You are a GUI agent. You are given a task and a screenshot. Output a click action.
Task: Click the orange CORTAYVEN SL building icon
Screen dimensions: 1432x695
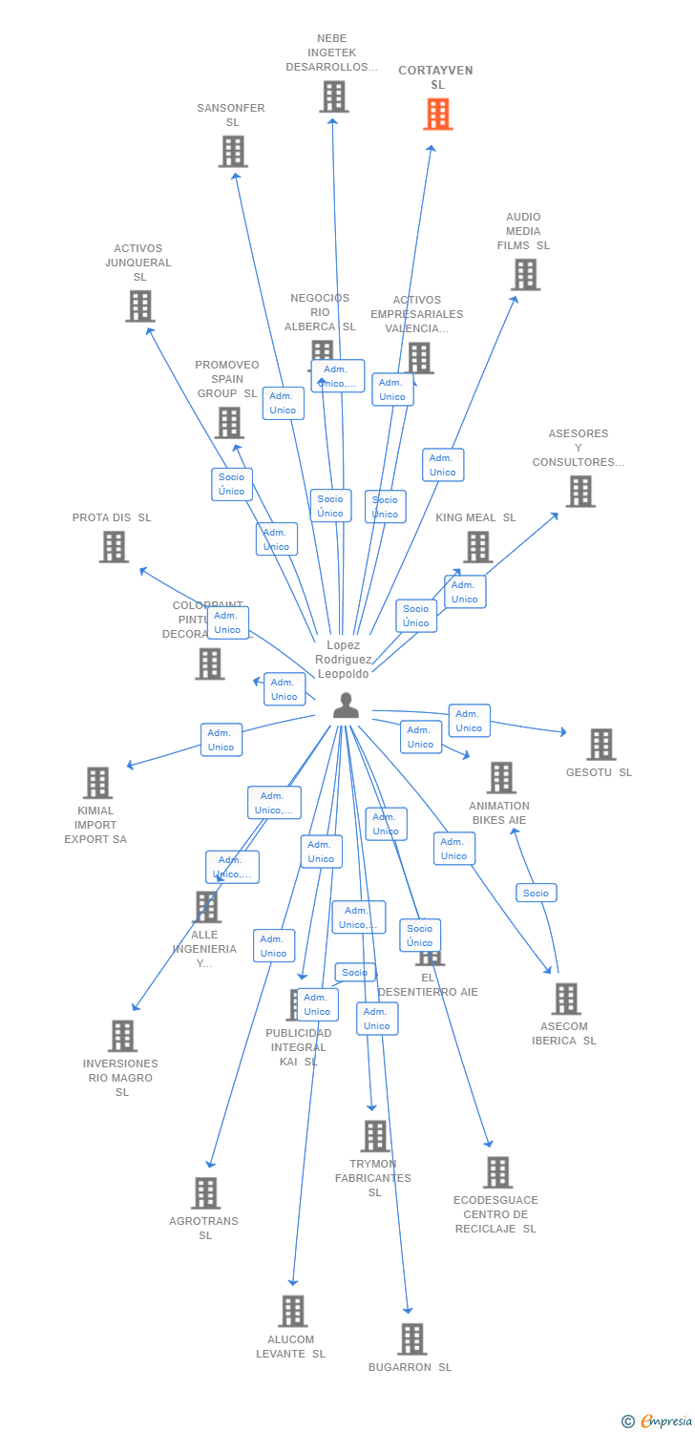(437, 115)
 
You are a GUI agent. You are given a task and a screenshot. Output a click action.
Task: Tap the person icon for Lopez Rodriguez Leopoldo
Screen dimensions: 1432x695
(346, 705)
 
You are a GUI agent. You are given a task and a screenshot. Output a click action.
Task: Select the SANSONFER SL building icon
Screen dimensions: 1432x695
(233, 151)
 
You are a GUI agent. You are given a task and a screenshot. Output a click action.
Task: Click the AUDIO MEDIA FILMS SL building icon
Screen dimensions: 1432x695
(524, 274)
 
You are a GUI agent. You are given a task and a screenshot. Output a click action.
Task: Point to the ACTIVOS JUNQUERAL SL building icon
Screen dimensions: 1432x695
(139, 305)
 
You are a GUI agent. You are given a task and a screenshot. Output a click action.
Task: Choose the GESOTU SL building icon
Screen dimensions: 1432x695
(600, 744)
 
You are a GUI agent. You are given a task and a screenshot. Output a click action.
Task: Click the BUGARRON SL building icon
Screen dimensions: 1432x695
(411, 1338)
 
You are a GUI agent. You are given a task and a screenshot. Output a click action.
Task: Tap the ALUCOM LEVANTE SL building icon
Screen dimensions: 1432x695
(292, 1311)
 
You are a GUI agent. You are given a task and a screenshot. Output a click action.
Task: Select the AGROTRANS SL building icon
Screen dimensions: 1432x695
(205, 1192)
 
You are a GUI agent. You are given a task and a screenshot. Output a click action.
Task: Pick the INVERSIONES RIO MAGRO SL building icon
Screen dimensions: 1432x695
(122, 1035)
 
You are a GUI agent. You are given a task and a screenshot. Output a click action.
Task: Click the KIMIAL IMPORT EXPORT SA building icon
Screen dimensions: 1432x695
(97, 782)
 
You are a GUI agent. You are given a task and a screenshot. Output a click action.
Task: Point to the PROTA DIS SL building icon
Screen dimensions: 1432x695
(114, 546)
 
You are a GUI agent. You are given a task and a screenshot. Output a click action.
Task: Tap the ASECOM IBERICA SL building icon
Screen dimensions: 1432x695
(565, 999)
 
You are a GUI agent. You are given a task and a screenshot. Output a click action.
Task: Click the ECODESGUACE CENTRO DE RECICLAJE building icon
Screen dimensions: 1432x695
(497, 1171)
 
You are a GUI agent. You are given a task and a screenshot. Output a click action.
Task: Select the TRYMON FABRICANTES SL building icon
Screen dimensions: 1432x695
(375, 1136)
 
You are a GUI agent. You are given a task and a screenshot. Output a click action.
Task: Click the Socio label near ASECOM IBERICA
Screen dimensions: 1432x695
(537, 893)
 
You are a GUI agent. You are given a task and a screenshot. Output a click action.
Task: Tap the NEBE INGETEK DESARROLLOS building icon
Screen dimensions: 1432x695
(333, 96)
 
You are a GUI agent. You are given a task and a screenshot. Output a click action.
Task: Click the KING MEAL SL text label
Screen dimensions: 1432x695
(475, 517)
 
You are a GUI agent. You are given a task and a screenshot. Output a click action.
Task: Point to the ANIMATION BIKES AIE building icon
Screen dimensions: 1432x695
(501, 777)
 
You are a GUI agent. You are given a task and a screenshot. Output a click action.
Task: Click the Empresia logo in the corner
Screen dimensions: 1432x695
(658, 1421)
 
